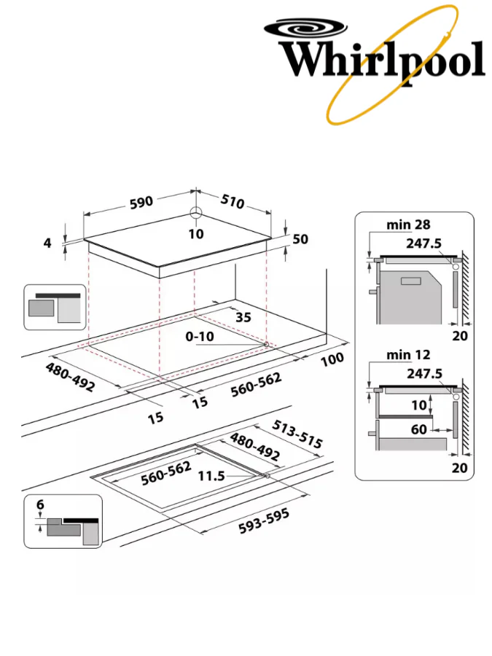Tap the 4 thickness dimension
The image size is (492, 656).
click(x=48, y=243)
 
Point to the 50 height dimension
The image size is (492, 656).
click(x=301, y=239)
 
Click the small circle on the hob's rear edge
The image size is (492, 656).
click(x=195, y=214)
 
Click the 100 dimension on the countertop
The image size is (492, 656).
click(x=331, y=360)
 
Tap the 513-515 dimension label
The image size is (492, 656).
click(x=297, y=433)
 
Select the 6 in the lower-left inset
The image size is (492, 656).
click(x=40, y=504)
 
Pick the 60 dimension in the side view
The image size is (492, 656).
click(x=418, y=429)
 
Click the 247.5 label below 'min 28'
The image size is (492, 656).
click(x=424, y=243)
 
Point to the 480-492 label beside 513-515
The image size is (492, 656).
click(x=255, y=447)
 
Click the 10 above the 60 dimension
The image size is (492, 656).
click(x=418, y=405)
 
